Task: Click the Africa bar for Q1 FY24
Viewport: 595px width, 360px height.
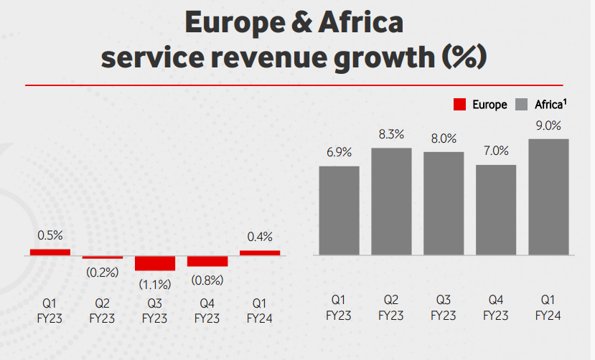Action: tap(548, 197)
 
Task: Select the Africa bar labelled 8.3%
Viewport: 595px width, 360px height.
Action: tap(391, 202)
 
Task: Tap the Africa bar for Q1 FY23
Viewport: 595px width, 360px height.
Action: tap(339, 211)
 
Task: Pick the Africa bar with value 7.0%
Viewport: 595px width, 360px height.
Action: tap(496, 210)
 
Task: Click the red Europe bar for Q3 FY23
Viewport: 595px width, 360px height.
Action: tap(155, 263)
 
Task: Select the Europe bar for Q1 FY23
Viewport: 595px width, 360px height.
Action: tap(50, 252)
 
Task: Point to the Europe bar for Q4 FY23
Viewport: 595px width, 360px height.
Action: tap(207, 261)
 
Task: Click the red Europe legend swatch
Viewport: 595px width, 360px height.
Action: tap(460, 105)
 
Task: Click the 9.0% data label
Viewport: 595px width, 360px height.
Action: tap(548, 125)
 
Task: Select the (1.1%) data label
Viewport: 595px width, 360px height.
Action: tap(155, 284)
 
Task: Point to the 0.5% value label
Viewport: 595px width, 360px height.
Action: tap(50, 236)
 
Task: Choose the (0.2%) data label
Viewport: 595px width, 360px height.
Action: tap(103, 273)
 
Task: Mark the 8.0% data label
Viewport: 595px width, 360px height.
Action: tap(444, 138)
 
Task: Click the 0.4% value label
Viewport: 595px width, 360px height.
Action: tap(260, 237)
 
